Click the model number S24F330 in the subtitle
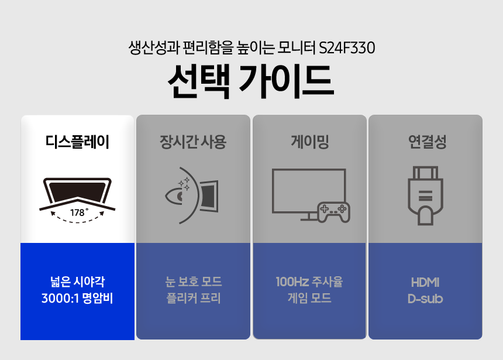point(347,48)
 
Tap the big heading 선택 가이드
point(251,81)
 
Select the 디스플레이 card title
point(77,142)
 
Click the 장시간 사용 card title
point(193,142)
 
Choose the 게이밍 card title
point(310,142)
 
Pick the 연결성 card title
point(427,142)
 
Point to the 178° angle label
point(79,212)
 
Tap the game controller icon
point(333,212)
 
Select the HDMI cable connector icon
point(425,196)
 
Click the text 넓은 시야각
point(77,282)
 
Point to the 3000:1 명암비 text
point(77,299)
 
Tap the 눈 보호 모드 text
point(194,282)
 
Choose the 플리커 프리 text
point(194,299)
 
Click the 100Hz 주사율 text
point(309,282)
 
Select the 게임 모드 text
point(309,299)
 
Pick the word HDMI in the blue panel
point(425,282)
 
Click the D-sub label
point(425,299)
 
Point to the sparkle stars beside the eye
point(184,183)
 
